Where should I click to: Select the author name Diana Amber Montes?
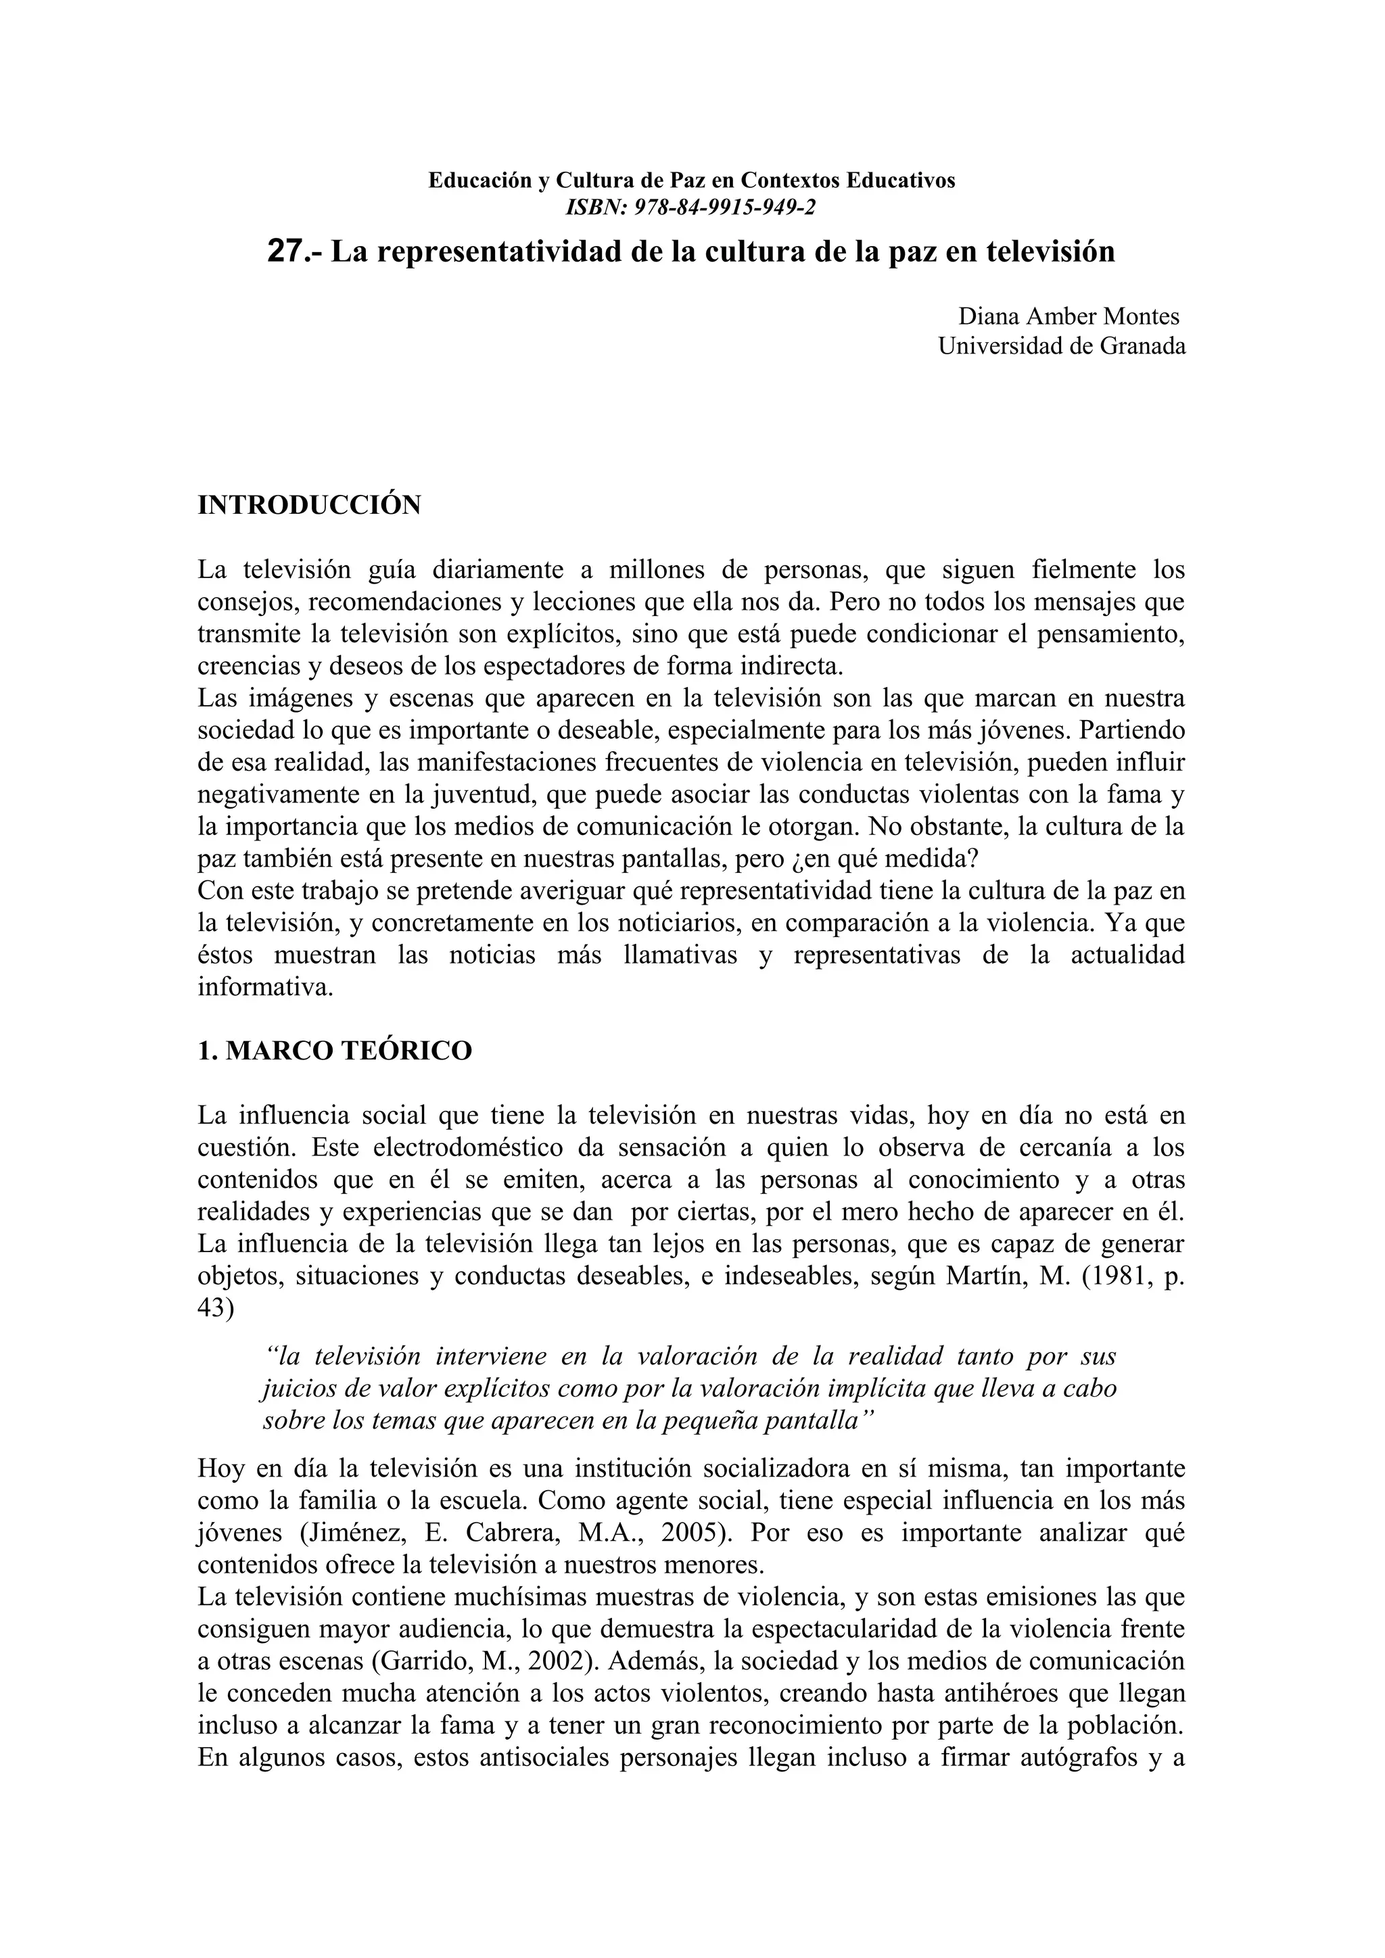click(x=1069, y=316)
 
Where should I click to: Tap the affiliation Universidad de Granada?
click(x=1062, y=346)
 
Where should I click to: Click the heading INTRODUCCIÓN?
click(x=309, y=505)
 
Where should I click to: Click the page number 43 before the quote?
click(x=215, y=1308)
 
